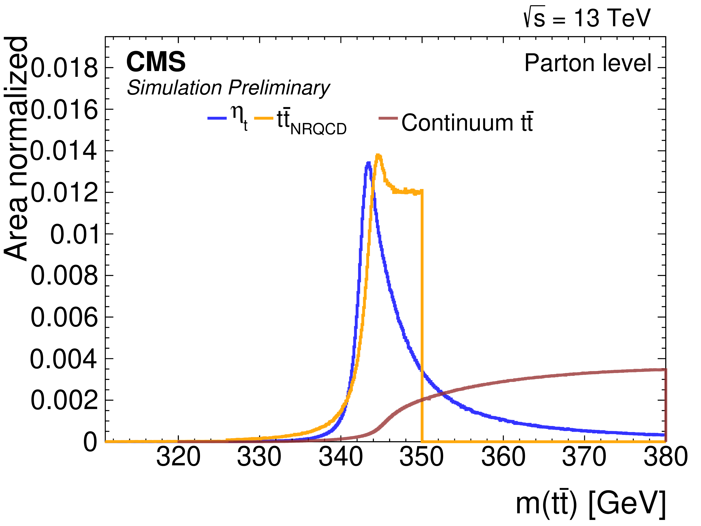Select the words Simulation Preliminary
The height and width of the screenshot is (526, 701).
pyautogui.click(x=228, y=88)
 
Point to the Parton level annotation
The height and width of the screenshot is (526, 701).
pyautogui.click(x=588, y=63)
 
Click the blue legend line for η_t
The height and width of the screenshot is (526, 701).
pyautogui.click(x=217, y=118)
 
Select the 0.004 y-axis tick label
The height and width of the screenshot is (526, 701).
pyautogui.click(x=63, y=359)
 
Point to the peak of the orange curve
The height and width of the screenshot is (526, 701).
pyautogui.click(x=378, y=155)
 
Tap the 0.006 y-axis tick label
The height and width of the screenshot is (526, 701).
pyautogui.click(x=64, y=318)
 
